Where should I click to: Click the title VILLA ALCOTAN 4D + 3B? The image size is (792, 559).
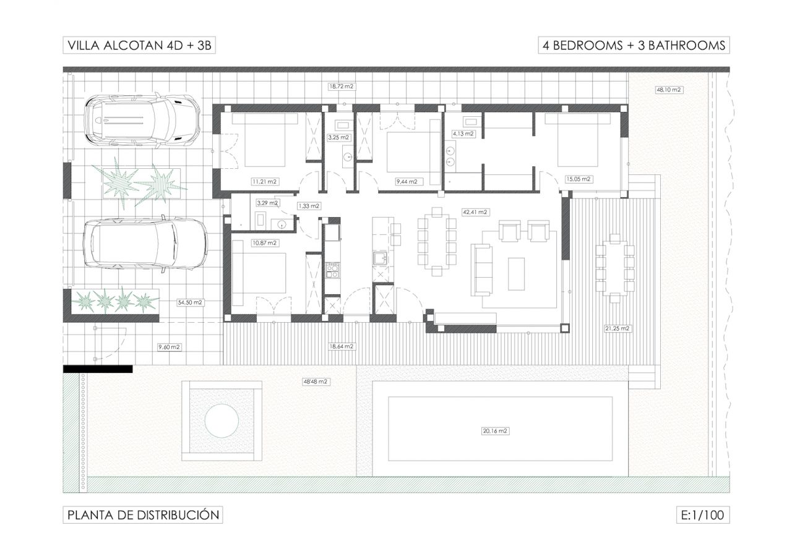139,45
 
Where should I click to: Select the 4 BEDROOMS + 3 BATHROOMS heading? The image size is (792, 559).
634,45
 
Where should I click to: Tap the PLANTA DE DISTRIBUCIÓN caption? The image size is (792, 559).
142,514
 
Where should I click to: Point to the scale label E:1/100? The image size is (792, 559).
702,514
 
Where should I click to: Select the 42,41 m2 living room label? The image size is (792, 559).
475,212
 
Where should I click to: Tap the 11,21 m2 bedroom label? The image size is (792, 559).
264,182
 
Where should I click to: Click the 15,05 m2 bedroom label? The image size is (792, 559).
579,179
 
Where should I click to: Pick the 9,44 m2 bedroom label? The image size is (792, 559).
407,182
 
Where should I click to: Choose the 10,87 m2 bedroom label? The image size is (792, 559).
264,243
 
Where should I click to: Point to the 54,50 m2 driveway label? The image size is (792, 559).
190,302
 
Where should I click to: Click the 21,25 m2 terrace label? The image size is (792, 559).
617,328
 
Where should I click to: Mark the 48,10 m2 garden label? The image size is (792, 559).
669,90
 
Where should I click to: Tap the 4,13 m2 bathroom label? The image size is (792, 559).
463,134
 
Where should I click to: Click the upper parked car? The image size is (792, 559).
142,120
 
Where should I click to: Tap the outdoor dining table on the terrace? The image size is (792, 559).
615,268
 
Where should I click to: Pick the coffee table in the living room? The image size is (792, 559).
516,274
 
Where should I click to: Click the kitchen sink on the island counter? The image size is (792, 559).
379,257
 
